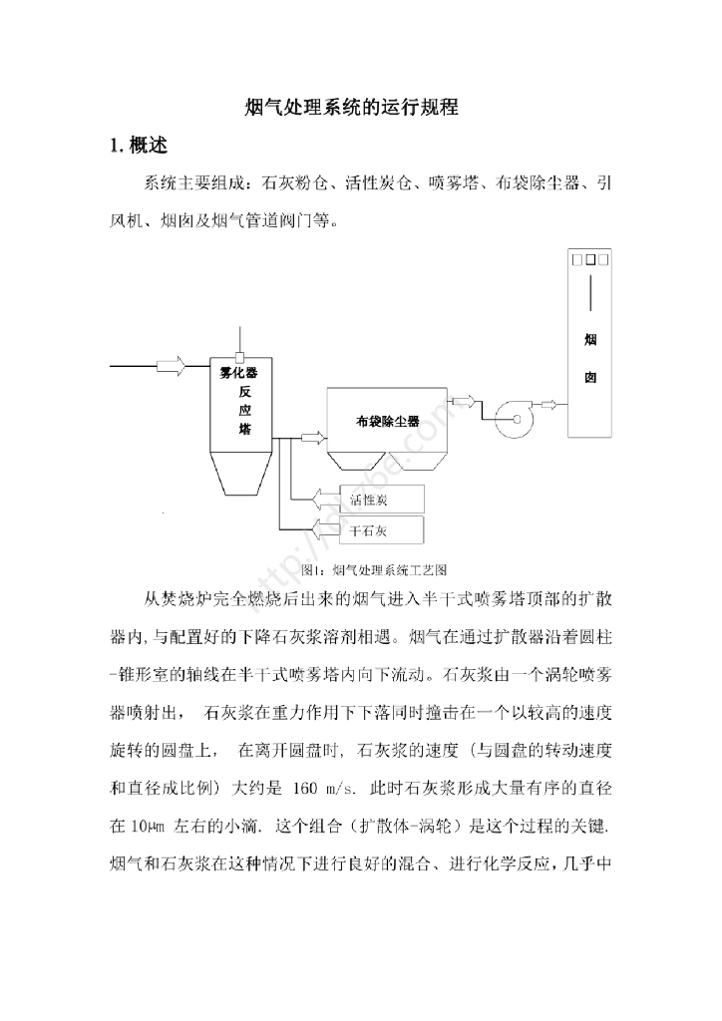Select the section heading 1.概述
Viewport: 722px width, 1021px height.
(139, 146)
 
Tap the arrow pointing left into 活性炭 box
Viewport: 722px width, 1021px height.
(325, 498)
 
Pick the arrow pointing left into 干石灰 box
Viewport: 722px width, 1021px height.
(325, 528)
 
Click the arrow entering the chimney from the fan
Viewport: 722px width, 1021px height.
(549, 403)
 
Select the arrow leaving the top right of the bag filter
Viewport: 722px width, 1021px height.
(463, 401)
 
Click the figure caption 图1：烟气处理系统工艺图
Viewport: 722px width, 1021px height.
(372, 570)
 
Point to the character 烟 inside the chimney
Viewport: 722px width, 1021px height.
(590, 340)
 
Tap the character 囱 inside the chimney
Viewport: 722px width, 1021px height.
(590, 380)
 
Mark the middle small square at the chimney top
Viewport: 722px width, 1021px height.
(590, 260)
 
